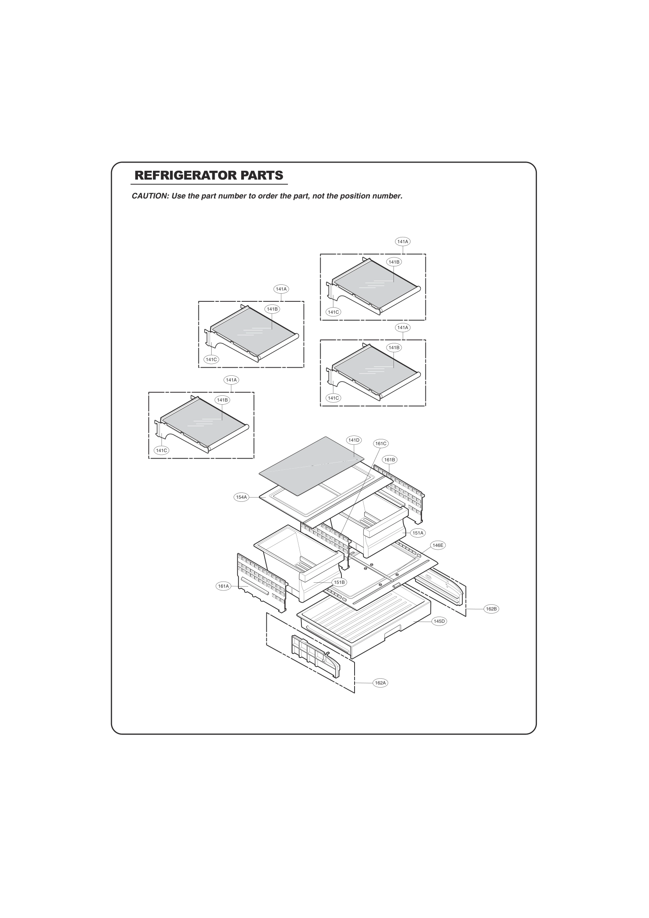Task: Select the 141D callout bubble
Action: click(354, 440)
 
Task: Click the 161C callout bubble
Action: click(381, 444)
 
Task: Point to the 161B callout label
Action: click(390, 460)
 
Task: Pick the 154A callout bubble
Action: click(242, 497)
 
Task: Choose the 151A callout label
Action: click(418, 533)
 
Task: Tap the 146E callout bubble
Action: click(438, 545)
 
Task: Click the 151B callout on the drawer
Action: click(339, 583)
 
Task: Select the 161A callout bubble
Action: click(223, 586)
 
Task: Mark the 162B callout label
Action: click(491, 609)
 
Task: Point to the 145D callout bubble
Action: click(439, 621)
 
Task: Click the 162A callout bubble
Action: click(380, 683)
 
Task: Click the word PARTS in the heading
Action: click(262, 175)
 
